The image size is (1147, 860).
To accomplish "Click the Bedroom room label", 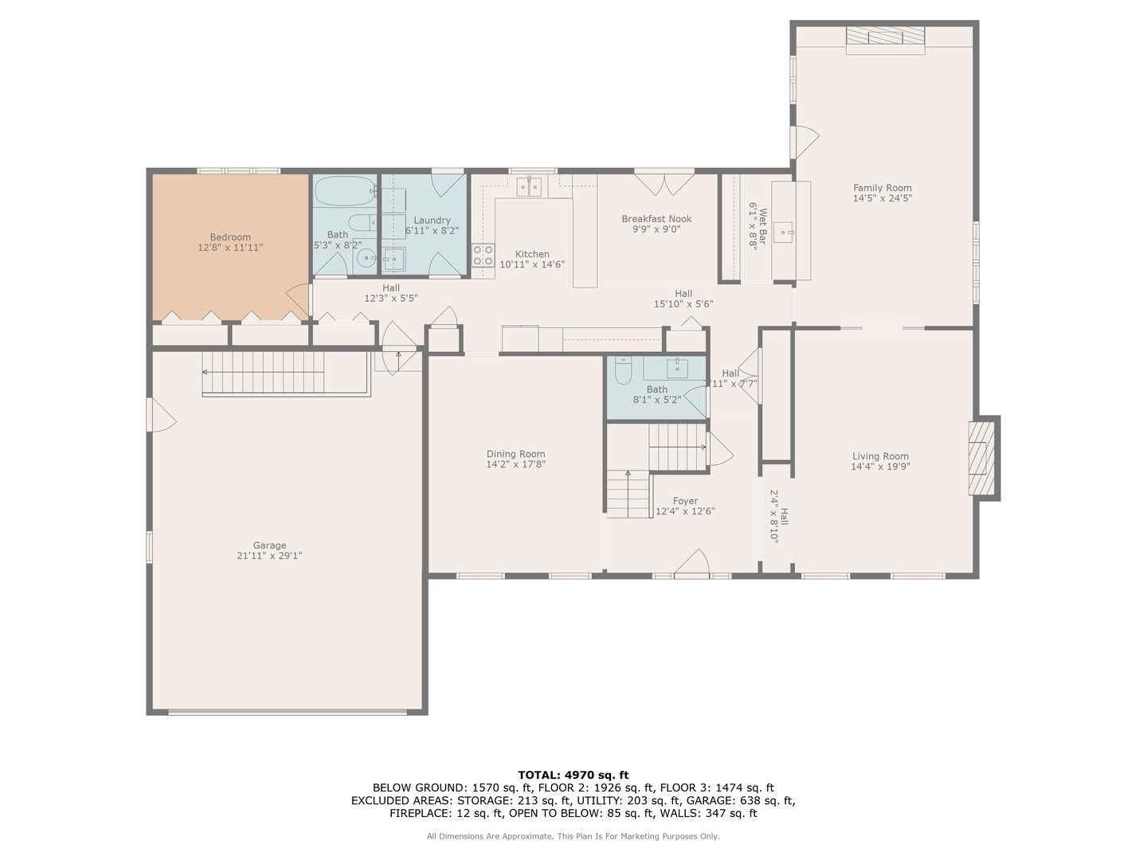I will pyautogui.click(x=230, y=237).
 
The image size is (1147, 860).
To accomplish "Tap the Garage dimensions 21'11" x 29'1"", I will pyautogui.click(x=269, y=556).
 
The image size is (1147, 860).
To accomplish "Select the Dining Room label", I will pyautogui.click(x=515, y=454).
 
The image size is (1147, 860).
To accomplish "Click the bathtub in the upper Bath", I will pyautogui.click(x=345, y=191).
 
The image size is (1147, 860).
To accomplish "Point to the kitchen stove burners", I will pyautogui.click(x=483, y=255).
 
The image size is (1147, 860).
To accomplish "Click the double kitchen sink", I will pyautogui.click(x=529, y=187).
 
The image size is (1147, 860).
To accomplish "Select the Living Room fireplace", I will pyautogui.click(x=982, y=458).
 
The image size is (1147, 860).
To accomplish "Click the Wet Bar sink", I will pyautogui.click(x=784, y=233).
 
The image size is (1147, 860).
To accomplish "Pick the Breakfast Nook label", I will pyautogui.click(x=656, y=219).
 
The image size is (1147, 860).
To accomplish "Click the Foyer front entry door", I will pyautogui.click(x=691, y=563).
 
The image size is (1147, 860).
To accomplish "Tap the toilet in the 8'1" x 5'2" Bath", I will pyautogui.click(x=623, y=370).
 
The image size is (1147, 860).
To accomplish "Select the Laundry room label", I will pyautogui.click(x=432, y=221).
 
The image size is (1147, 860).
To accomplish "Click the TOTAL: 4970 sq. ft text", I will pyautogui.click(x=573, y=775).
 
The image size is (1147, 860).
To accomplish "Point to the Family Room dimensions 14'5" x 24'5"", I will pyautogui.click(x=882, y=198).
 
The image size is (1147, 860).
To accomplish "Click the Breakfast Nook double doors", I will pyautogui.click(x=664, y=182).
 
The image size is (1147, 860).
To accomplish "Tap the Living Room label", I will pyautogui.click(x=880, y=456).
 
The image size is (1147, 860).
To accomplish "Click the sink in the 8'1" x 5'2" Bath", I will pyautogui.click(x=677, y=368).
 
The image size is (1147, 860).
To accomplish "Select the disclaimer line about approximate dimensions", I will pyautogui.click(x=573, y=836).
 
